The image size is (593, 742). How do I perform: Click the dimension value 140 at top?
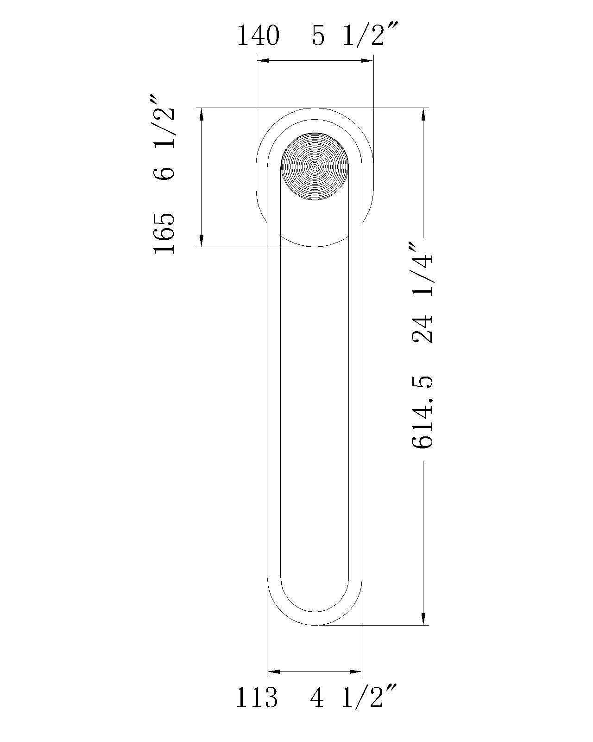258,36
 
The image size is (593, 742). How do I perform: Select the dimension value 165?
164,233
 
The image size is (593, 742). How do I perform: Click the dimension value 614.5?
423,412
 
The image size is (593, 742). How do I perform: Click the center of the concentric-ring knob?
315,166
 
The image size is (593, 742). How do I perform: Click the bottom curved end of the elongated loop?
315,624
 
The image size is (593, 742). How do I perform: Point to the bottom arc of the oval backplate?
315,246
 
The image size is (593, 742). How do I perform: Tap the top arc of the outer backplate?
315,108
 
